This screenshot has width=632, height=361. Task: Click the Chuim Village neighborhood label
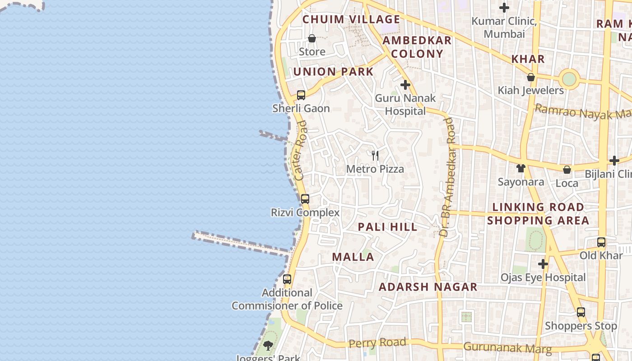tap(351, 19)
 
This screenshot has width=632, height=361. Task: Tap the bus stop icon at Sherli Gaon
tap(301, 95)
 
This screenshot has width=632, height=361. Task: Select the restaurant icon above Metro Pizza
tap(375, 156)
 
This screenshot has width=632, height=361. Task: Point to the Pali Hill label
tap(387, 227)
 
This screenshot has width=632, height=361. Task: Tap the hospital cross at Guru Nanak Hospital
tap(405, 85)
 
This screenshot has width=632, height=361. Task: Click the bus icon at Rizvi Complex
tap(305, 199)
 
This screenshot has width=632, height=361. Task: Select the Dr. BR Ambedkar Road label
tap(447, 177)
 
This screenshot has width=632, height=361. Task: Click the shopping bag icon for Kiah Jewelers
tap(531, 78)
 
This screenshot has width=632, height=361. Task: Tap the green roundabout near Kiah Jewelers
tap(569, 79)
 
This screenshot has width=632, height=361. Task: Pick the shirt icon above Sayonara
tap(521, 168)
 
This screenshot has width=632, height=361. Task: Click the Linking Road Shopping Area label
tap(538, 214)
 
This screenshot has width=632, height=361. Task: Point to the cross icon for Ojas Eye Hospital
tap(543, 264)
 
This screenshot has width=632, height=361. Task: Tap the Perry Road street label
tap(377, 343)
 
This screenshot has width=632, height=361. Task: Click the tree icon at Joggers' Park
tap(268, 346)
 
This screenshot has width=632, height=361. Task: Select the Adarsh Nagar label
tap(428, 287)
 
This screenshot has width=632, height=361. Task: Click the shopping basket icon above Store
tap(311, 39)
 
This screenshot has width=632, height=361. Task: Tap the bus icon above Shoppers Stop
tap(581, 312)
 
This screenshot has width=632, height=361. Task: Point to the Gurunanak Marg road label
tap(507, 348)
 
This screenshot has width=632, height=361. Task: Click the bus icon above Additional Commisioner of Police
tap(287, 279)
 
